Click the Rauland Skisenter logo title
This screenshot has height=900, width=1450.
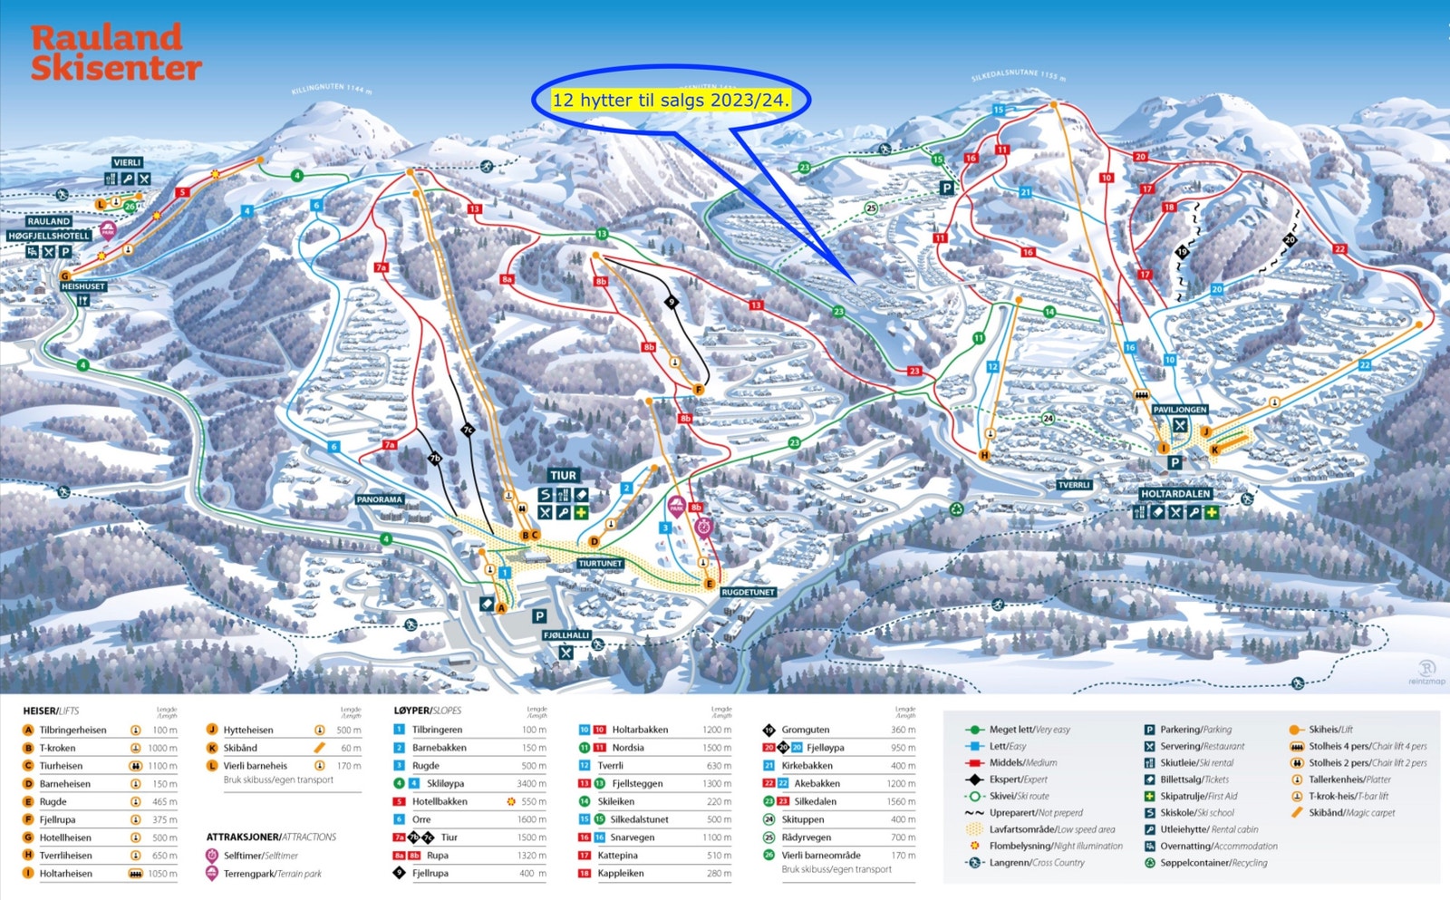(x=115, y=53)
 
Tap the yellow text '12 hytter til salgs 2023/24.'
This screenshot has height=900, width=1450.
(x=671, y=101)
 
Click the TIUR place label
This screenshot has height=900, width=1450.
(x=563, y=476)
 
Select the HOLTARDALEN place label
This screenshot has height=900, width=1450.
(x=1175, y=494)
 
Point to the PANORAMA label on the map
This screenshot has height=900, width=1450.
(x=380, y=499)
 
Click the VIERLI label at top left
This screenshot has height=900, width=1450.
(x=127, y=162)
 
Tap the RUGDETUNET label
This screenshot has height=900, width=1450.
(x=748, y=592)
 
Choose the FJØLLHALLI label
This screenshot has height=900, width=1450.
(x=566, y=635)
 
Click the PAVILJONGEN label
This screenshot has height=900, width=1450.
(x=1179, y=410)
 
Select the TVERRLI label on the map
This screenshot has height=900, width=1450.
(x=1074, y=485)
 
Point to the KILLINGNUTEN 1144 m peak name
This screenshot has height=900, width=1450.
(x=332, y=89)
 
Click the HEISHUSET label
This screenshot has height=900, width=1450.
(x=83, y=286)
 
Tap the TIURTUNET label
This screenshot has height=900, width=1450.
(x=600, y=563)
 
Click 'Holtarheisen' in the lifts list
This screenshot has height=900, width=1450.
(x=66, y=874)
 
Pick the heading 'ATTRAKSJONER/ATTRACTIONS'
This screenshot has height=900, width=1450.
(x=271, y=837)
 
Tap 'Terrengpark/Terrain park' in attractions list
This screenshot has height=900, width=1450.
(x=272, y=874)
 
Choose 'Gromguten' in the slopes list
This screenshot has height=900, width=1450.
(x=806, y=730)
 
